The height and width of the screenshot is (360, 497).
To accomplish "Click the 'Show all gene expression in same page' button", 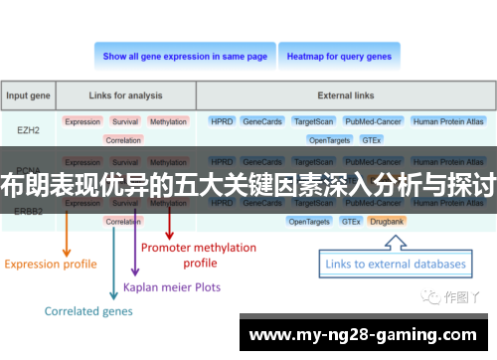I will [185, 57].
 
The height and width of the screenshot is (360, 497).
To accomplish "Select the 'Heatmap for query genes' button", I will [339, 57].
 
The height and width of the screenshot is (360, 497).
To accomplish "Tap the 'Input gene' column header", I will [29, 96].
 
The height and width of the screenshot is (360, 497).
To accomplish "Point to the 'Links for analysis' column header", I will [124, 96].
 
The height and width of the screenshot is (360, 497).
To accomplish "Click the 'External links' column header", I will [347, 96].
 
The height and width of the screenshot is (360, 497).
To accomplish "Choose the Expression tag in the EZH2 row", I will [83, 121].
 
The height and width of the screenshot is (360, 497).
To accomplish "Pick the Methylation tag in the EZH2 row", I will [168, 121].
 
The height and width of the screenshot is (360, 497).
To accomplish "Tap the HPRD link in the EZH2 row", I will [222, 121].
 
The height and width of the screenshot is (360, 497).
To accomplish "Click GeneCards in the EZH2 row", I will [262, 121].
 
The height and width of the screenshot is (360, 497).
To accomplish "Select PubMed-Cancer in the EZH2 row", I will [373, 121].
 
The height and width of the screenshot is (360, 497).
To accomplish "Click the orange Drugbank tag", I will [386, 221].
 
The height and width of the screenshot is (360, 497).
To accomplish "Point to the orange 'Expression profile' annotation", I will [51, 265].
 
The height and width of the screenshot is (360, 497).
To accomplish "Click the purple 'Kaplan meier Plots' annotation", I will [172, 287].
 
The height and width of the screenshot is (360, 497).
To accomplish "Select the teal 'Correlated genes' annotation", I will [88, 311].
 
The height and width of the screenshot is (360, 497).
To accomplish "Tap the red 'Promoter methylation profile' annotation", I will [199, 255].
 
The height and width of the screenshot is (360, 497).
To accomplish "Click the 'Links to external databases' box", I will [396, 265].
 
